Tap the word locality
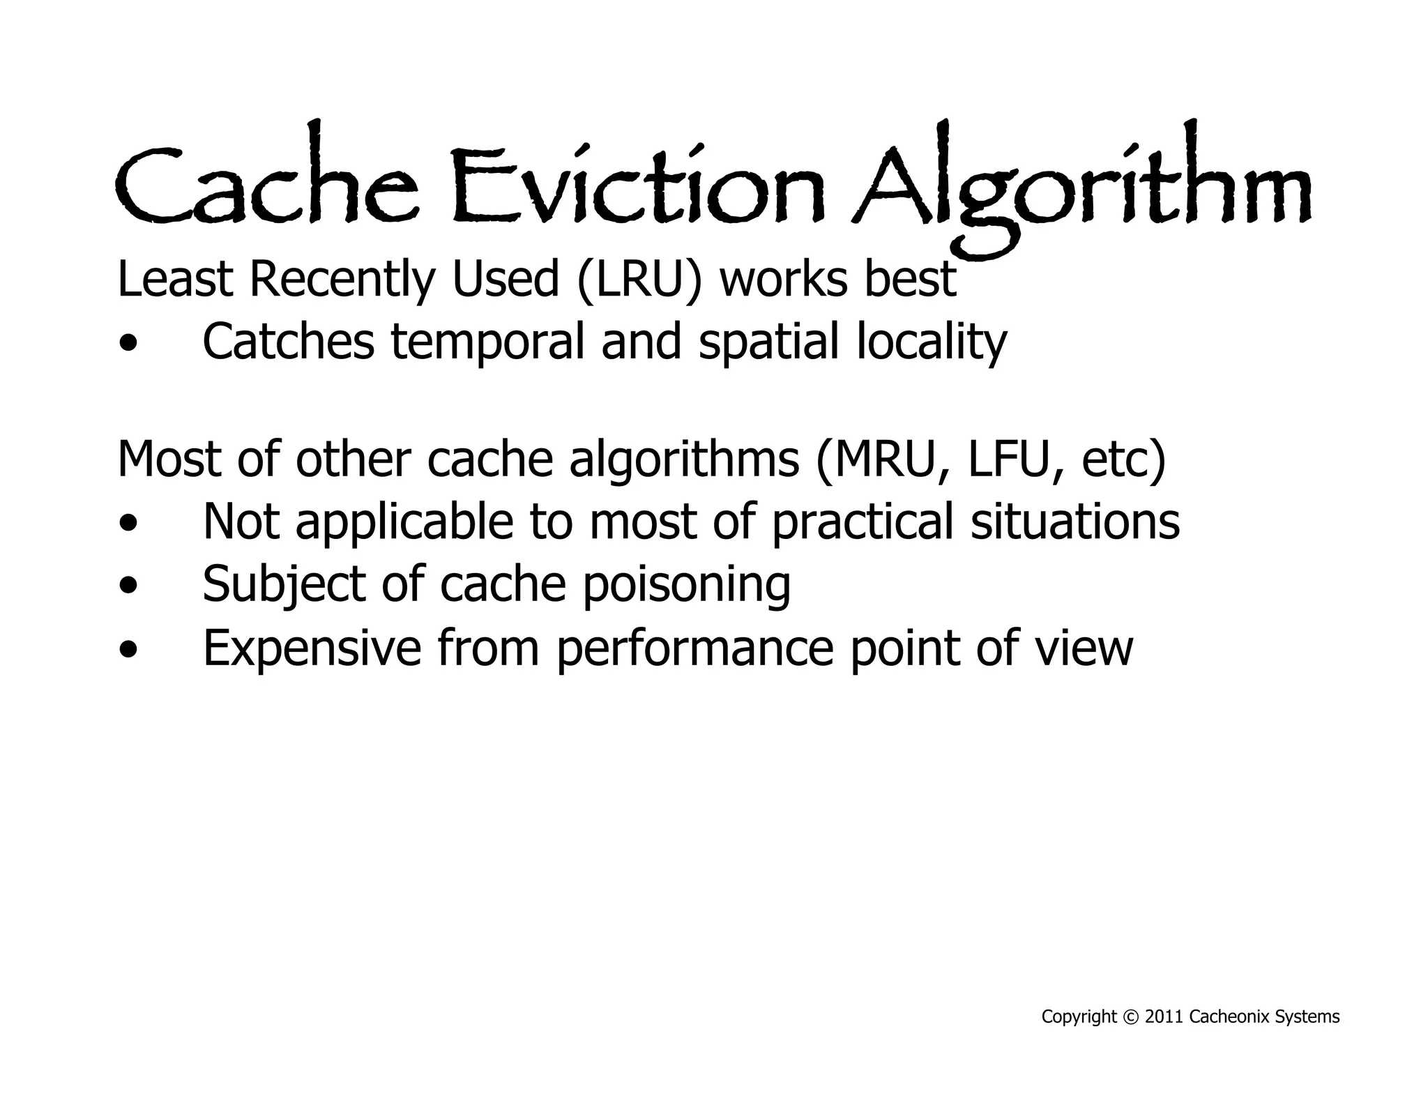pyautogui.click(x=931, y=342)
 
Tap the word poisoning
pyautogui.click(x=686, y=585)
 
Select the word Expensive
pyautogui.click(x=312, y=648)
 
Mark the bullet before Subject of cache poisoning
pyautogui.click(x=128, y=586)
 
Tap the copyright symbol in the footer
pyautogui.click(x=1130, y=1017)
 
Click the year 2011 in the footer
pyautogui.click(x=1164, y=1017)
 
